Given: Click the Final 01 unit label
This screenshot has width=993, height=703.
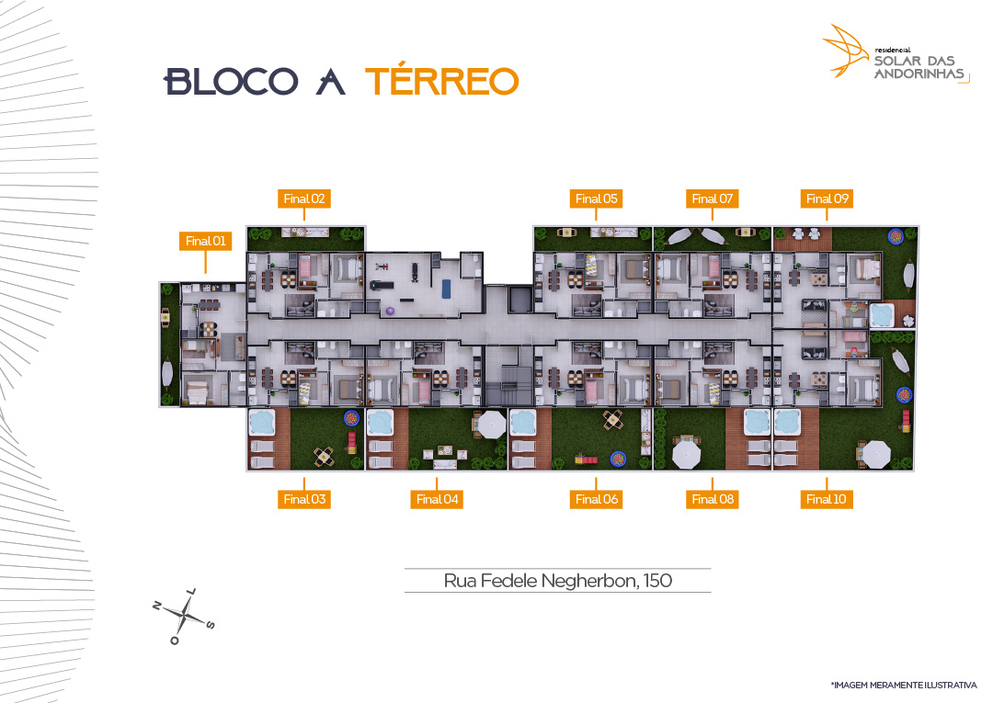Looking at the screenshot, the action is tap(205, 241).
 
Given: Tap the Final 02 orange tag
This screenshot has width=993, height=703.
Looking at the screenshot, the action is tap(304, 198).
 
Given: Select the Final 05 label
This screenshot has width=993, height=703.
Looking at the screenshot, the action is tap(596, 198).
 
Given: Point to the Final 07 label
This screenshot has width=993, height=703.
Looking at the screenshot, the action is tap(712, 198).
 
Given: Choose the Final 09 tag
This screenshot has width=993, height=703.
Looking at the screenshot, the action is tap(827, 198).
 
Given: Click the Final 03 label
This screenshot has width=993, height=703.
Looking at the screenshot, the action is tap(304, 499).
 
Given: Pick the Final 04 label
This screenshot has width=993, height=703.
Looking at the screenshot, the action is tap(437, 499).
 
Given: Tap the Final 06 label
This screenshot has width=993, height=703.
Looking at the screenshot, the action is tap(596, 499).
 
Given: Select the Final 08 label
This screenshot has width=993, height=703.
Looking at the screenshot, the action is tap(713, 499).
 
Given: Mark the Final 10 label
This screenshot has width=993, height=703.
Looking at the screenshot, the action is tap(827, 499).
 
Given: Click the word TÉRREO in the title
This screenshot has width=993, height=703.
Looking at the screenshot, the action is tap(442, 80).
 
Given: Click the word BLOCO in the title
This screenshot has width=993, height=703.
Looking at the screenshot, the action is tap(231, 82).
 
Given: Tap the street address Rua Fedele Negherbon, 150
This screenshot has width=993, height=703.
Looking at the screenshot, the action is tap(558, 581).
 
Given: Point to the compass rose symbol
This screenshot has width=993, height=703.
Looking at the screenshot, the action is tap(184, 616).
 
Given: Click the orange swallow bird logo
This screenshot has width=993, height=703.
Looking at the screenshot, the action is tap(846, 51).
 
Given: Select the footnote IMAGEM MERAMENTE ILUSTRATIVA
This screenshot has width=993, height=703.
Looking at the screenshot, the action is tap(904, 685).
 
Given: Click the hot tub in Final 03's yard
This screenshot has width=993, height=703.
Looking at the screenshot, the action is tap(262, 422).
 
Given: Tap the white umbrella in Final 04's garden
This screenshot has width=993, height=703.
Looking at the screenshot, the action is tap(491, 424).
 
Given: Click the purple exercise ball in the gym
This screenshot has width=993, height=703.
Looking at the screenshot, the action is tap(390, 311).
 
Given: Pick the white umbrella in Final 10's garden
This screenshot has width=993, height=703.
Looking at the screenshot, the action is tap(876, 454).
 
